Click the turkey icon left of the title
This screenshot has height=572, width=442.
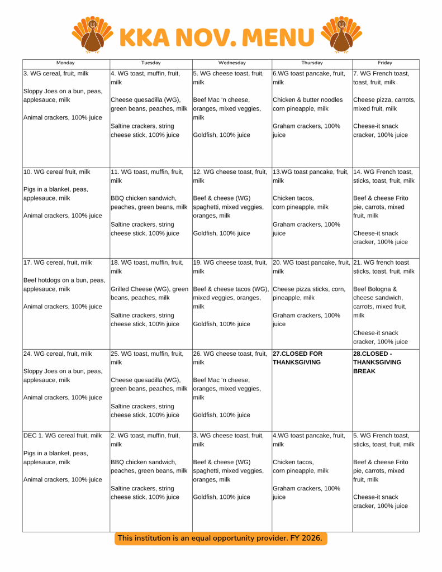point(93,34)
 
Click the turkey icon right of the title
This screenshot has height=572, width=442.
point(341,34)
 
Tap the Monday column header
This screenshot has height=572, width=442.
point(65,63)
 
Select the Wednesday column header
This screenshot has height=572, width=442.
point(231,63)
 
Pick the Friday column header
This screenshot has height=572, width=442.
point(384,63)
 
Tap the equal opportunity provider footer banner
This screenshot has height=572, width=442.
point(221,538)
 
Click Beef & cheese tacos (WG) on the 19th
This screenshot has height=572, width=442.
point(231,289)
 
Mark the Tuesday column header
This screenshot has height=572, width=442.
point(150,63)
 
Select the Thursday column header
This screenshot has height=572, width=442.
point(312,63)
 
